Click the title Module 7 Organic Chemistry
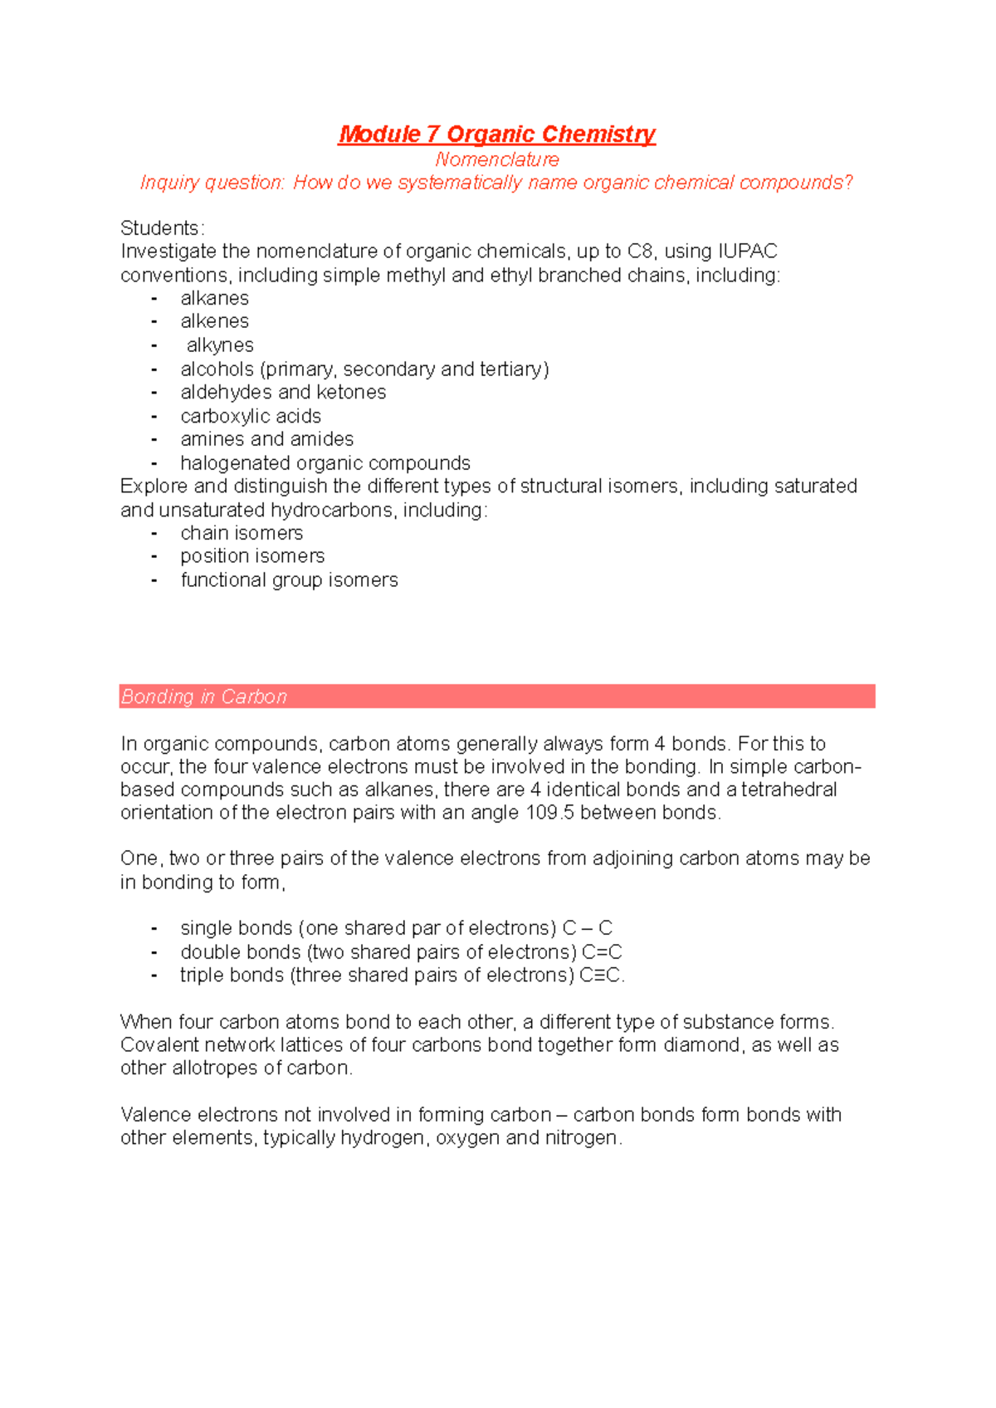coord(496,134)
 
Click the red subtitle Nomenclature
coord(496,159)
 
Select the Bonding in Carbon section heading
coord(204,697)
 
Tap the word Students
coord(161,228)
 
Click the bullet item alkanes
coord(214,298)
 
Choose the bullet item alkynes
coord(220,345)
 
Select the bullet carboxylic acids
coord(251,416)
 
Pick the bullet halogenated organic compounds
coord(325,463)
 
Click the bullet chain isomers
coord(242,533)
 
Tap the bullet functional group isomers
coord(289,580)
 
